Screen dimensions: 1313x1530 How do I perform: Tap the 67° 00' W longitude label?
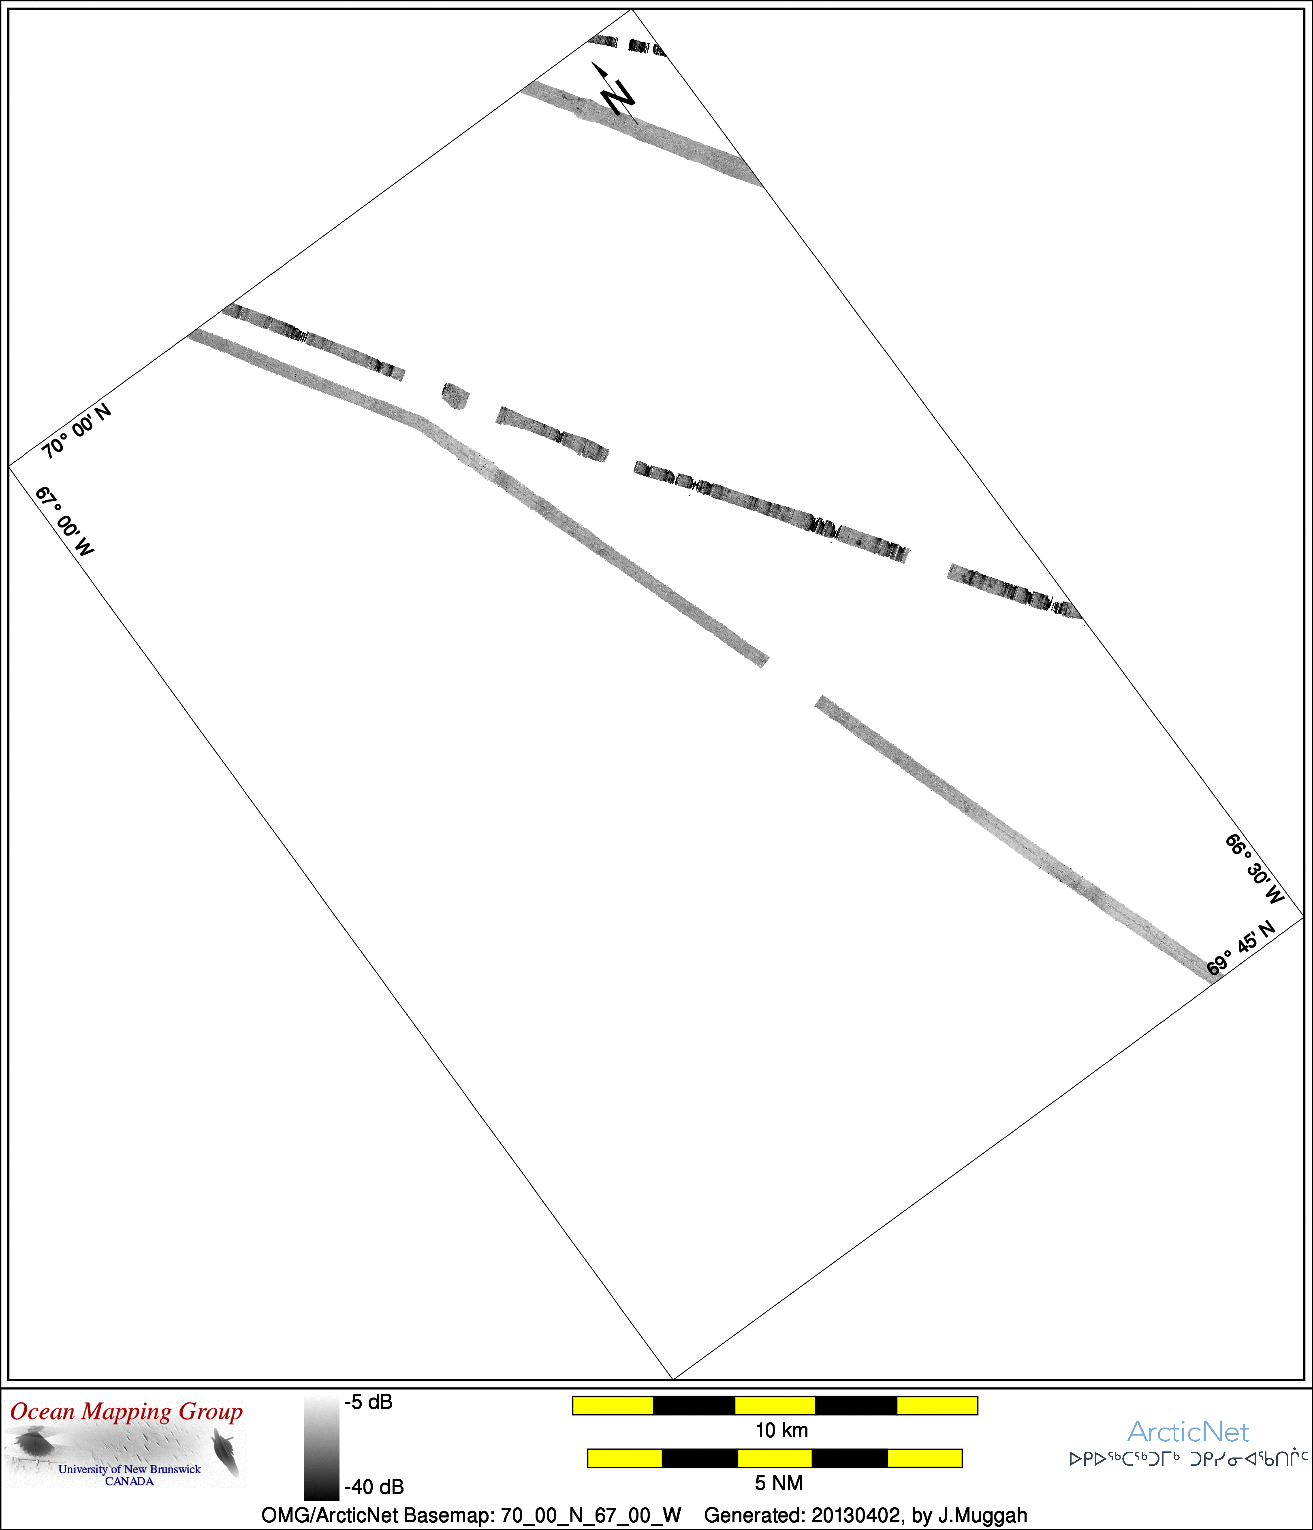(65, 521)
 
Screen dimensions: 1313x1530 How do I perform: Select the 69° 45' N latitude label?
(1241, 948)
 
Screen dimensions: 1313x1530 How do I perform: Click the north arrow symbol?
(615, 93)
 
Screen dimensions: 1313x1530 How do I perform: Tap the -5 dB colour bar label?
(369, 1402)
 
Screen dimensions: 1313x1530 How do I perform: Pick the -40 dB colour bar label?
(374, 1486)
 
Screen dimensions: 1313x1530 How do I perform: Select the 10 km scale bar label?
(781, 1430)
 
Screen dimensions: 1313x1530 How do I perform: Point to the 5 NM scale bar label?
(778, 1483)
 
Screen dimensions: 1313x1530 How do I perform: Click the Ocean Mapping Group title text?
(126, 1412)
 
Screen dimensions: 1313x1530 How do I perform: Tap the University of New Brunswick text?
(129, 1469)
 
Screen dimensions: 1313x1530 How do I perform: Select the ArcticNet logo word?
(1188, 1432)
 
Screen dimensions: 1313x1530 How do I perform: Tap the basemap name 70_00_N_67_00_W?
(591, 1516)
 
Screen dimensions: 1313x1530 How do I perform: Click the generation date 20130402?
(856, 1515)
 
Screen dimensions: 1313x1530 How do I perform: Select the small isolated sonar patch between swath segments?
(455, 397)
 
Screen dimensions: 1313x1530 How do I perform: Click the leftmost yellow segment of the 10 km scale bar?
(613, 1405)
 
